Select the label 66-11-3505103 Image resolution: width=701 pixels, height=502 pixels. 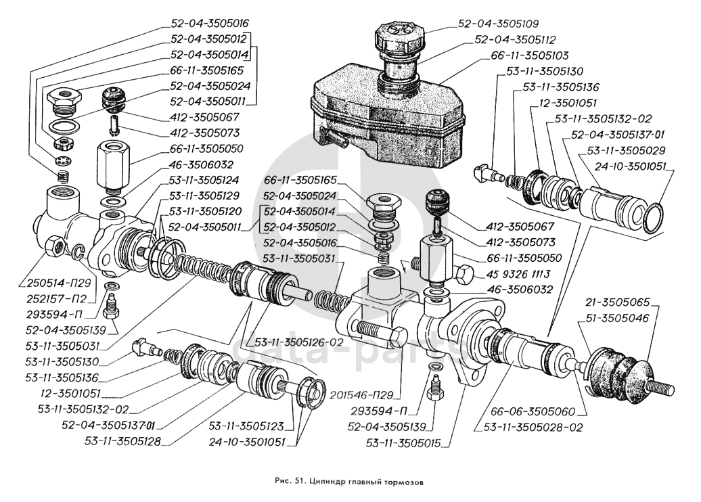(x=520, y=55)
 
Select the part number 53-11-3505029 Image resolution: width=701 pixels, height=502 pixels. (x=625, y=150)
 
